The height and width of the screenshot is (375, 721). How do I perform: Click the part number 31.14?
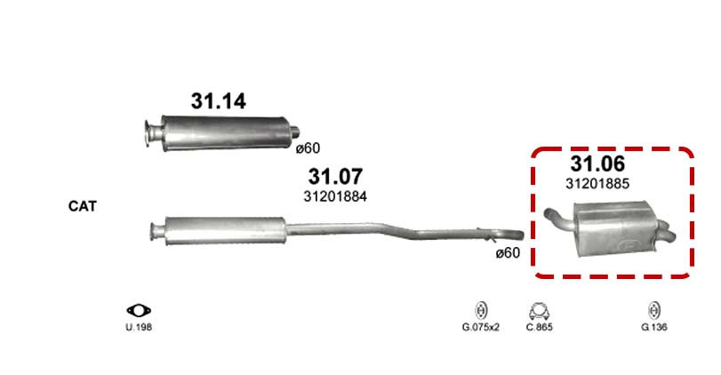tap(219, 101)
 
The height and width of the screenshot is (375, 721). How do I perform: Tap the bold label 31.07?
tap(335, 177)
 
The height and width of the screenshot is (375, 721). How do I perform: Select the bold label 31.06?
tap(597, 164)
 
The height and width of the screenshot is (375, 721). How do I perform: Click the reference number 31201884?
tap(335, 196)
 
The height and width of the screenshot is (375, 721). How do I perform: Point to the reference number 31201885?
tap(597, 184)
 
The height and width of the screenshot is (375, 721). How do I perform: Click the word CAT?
tap(83, 206)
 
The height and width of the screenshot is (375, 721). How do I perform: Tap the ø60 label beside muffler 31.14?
tap(308, 148)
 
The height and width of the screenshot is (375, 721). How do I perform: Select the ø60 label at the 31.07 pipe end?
tap(509, 252)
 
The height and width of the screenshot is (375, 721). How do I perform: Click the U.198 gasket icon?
tap(139, 311)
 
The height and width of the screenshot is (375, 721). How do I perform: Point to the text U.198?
tap(139, 328)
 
